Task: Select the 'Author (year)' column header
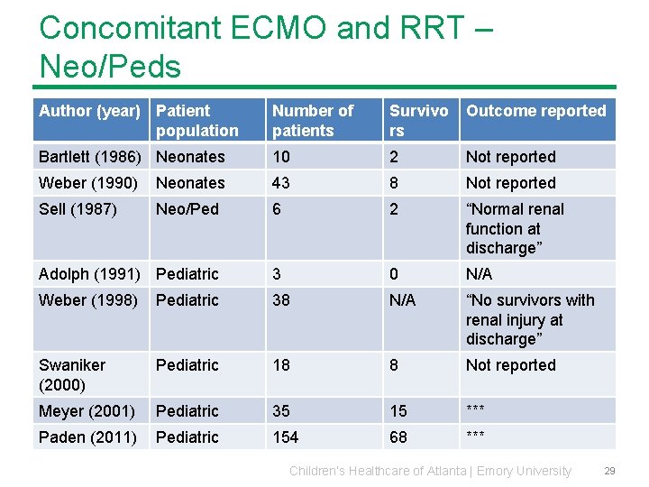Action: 89,111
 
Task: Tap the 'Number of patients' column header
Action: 313,120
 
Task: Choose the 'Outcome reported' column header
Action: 535,111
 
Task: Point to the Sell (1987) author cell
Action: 78,209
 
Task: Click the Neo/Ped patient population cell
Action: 187,209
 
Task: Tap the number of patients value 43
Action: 281,183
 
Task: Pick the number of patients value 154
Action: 286,437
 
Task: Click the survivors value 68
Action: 398,437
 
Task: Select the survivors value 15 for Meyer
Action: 398,411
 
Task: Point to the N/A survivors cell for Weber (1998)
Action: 402,300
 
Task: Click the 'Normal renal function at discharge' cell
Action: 515,228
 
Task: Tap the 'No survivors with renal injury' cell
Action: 530,319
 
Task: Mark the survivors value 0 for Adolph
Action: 394,274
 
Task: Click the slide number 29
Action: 609,471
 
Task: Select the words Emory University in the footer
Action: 524,471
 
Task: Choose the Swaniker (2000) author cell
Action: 72,374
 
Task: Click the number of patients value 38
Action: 281,300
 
